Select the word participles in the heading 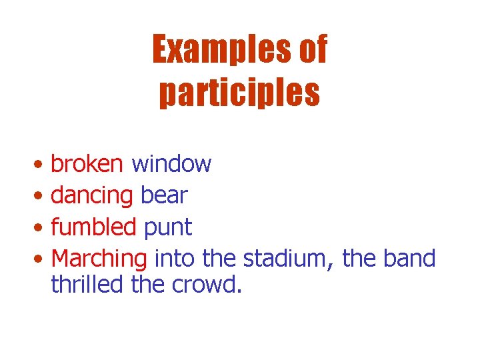240,93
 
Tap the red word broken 87,163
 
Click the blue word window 171,163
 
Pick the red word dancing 92,195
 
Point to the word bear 164,195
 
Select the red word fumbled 93,227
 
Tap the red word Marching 99,259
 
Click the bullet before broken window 41,165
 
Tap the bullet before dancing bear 41,197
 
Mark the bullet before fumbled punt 41,229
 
